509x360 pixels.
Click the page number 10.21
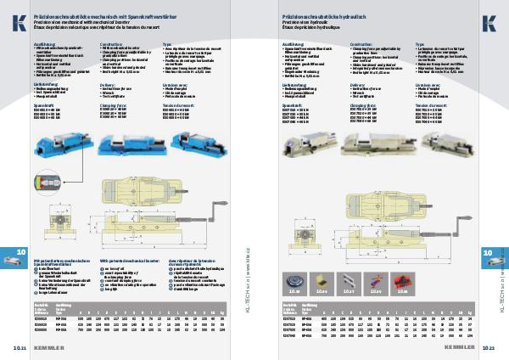[x=18, y=347]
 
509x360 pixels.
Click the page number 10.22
[x=490, y=347]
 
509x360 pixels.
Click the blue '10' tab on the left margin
[x=20, y=253]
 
